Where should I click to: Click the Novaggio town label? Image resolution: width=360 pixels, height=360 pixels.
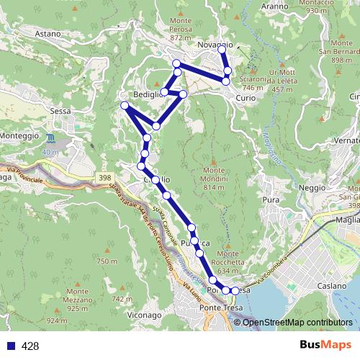tap(215, 45)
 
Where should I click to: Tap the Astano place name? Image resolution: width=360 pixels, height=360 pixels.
tap(48, 33)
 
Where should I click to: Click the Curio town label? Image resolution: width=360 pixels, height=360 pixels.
tap(245, 97)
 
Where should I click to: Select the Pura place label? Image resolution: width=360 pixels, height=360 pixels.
tap(271, 199)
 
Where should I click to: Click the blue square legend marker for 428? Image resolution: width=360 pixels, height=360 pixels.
tap(10, 346)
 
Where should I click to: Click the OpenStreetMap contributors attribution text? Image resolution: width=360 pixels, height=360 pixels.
tap(299, 322)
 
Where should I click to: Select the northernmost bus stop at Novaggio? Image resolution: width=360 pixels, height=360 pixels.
tap(222, 50)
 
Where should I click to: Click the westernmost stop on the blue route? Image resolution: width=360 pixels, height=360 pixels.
tap(125, 106)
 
